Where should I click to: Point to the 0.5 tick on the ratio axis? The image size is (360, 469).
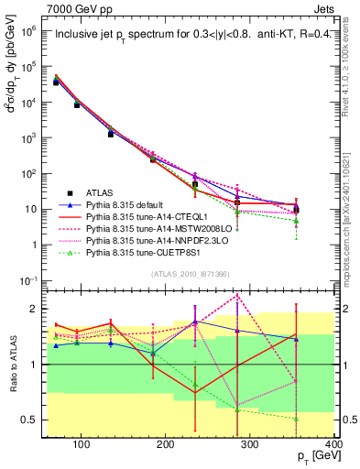point(33,420)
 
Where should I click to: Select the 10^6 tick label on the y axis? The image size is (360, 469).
point(28,30)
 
